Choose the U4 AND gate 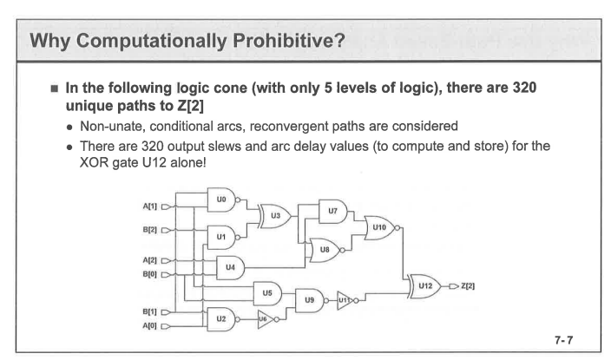click(x=231, y=266)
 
